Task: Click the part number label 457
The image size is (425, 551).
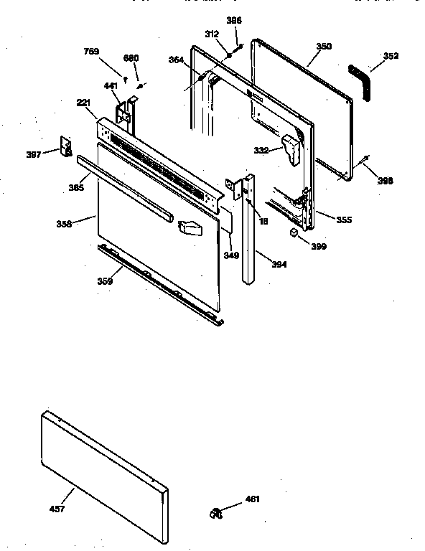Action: point(57,509)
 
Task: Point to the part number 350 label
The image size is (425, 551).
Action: point(324,46)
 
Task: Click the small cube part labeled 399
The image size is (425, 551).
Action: point(294,233)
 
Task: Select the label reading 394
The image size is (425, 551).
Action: point(279,265)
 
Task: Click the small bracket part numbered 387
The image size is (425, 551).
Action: point(66,146)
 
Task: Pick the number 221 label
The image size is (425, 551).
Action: point(83,103)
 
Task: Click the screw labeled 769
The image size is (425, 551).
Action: point(126,78)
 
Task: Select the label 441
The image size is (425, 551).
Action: point(110,86)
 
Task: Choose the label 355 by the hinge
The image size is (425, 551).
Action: point(344,220)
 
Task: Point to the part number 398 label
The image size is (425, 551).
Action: point(386,181)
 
